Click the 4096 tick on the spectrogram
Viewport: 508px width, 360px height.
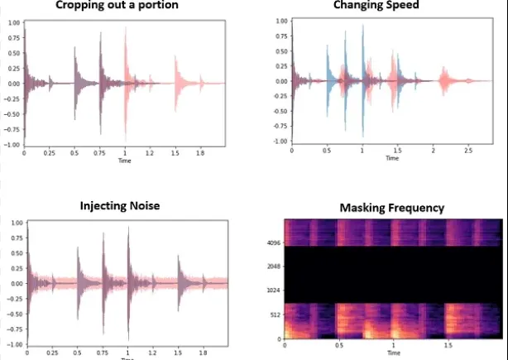[272, 243]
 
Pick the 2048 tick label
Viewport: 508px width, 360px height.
[272, 267]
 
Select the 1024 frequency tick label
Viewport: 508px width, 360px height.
[272, 290]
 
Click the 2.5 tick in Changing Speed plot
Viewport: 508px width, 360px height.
[469, 151]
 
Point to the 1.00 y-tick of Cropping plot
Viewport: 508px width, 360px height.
[14, 22]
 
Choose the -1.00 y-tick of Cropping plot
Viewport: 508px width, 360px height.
[12, 145]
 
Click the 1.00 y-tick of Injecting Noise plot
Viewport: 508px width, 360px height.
[14, 223]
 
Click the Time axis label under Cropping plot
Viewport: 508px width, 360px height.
[124, 161]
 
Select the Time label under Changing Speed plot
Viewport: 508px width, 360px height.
[392, 158]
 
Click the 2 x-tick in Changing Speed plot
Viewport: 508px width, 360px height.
[433, 151]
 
